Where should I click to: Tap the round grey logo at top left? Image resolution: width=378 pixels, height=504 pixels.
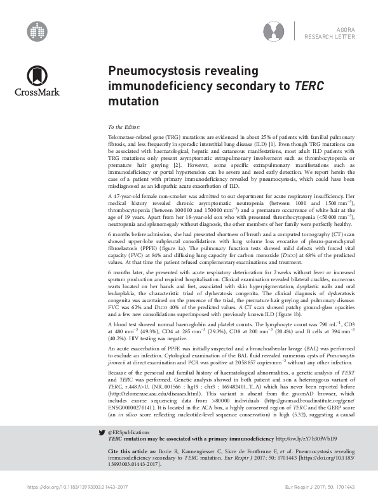tap(37, 30)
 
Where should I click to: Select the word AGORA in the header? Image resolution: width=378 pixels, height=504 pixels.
tap(342, 29)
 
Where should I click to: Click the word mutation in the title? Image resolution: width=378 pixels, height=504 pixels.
tap(129, 100)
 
